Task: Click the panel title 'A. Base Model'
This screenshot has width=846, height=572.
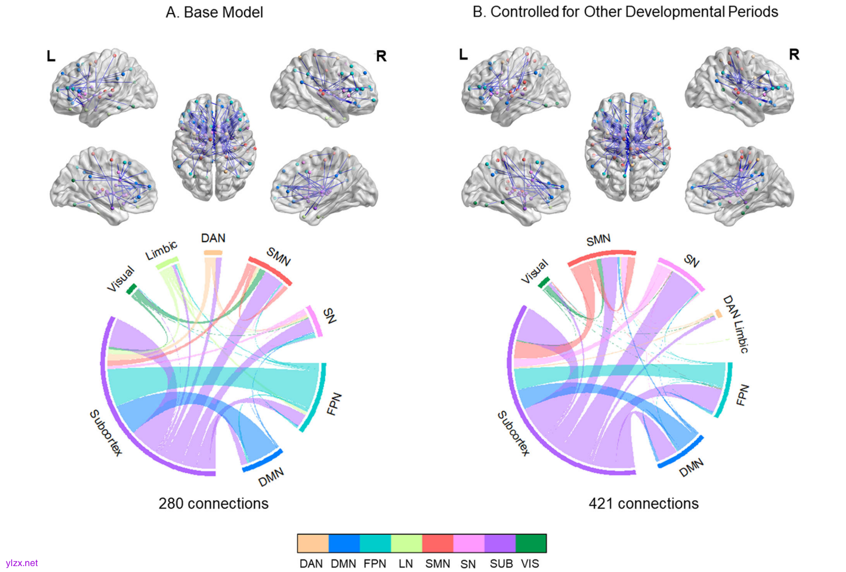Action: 214,12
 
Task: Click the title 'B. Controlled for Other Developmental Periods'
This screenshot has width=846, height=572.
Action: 625,12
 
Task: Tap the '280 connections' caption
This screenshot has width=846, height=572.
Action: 213,504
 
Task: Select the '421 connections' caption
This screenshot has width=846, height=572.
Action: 644,504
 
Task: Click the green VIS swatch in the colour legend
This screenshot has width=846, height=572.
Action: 531,543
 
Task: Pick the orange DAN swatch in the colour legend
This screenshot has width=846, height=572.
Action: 313,543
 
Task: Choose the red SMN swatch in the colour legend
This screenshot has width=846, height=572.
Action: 437,543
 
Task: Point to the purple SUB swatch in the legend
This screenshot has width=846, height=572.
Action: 500,543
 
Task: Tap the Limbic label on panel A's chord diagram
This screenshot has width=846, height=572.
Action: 161,251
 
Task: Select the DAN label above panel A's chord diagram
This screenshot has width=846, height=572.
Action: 213,238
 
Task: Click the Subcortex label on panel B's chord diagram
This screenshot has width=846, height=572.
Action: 513,434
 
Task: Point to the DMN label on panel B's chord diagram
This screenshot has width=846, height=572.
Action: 691,468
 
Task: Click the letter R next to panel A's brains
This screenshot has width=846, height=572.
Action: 381,56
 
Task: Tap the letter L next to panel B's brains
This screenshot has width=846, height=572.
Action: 463,55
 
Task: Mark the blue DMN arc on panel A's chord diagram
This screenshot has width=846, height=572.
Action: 263,461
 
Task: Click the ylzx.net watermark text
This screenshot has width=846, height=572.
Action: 22,563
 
